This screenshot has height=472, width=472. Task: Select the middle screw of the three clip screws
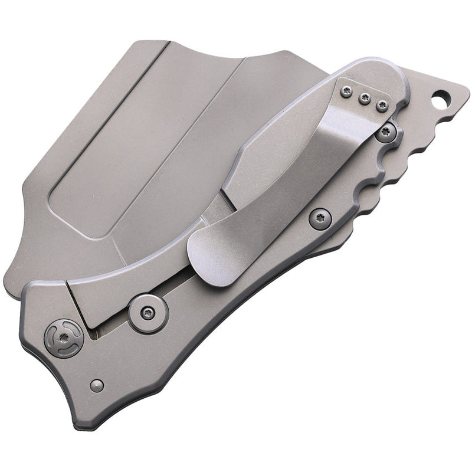[365, 99]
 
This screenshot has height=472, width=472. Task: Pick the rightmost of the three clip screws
[382, 107]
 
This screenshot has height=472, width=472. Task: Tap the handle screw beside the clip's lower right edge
[320, 219]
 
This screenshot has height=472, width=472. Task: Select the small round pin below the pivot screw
[97, 386]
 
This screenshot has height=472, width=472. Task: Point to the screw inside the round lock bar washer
[149, 313]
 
